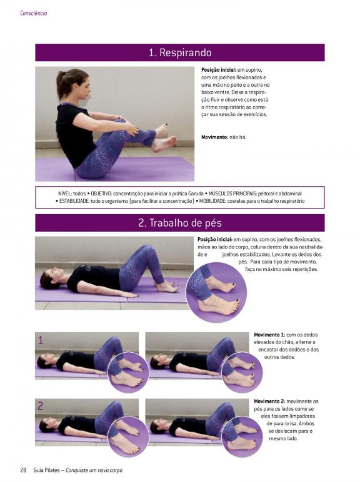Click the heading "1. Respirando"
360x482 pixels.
click(180, 52)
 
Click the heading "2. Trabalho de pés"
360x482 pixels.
click(180, 223)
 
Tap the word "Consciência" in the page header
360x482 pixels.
click(34, 13)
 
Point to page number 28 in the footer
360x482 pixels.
click(23, 470)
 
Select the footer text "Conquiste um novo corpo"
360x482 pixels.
click(94, 470)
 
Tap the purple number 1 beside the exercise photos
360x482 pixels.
click(41, 340)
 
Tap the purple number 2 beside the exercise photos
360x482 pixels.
click(40, 406)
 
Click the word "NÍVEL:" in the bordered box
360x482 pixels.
click(65, 194)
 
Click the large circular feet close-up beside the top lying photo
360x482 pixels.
click(216, 292)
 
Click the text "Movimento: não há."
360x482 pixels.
click(224, 137)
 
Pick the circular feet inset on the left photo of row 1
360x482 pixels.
click(129, 372)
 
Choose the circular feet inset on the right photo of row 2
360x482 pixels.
click(242, 436)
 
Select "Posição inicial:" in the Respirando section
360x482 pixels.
click(219, 70)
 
